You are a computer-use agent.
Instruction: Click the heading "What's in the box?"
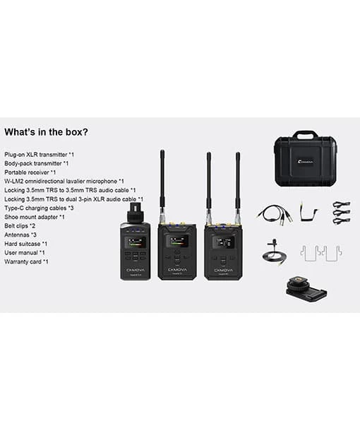click(47, 132)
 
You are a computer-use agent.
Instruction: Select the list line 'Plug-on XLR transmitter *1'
click(39, 154)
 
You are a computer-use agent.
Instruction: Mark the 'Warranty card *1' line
click(26, 261)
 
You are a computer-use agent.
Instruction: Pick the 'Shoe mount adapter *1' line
click(35, 217)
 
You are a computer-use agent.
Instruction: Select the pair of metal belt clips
click(320, 252)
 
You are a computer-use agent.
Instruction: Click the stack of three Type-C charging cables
click(342, 213)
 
